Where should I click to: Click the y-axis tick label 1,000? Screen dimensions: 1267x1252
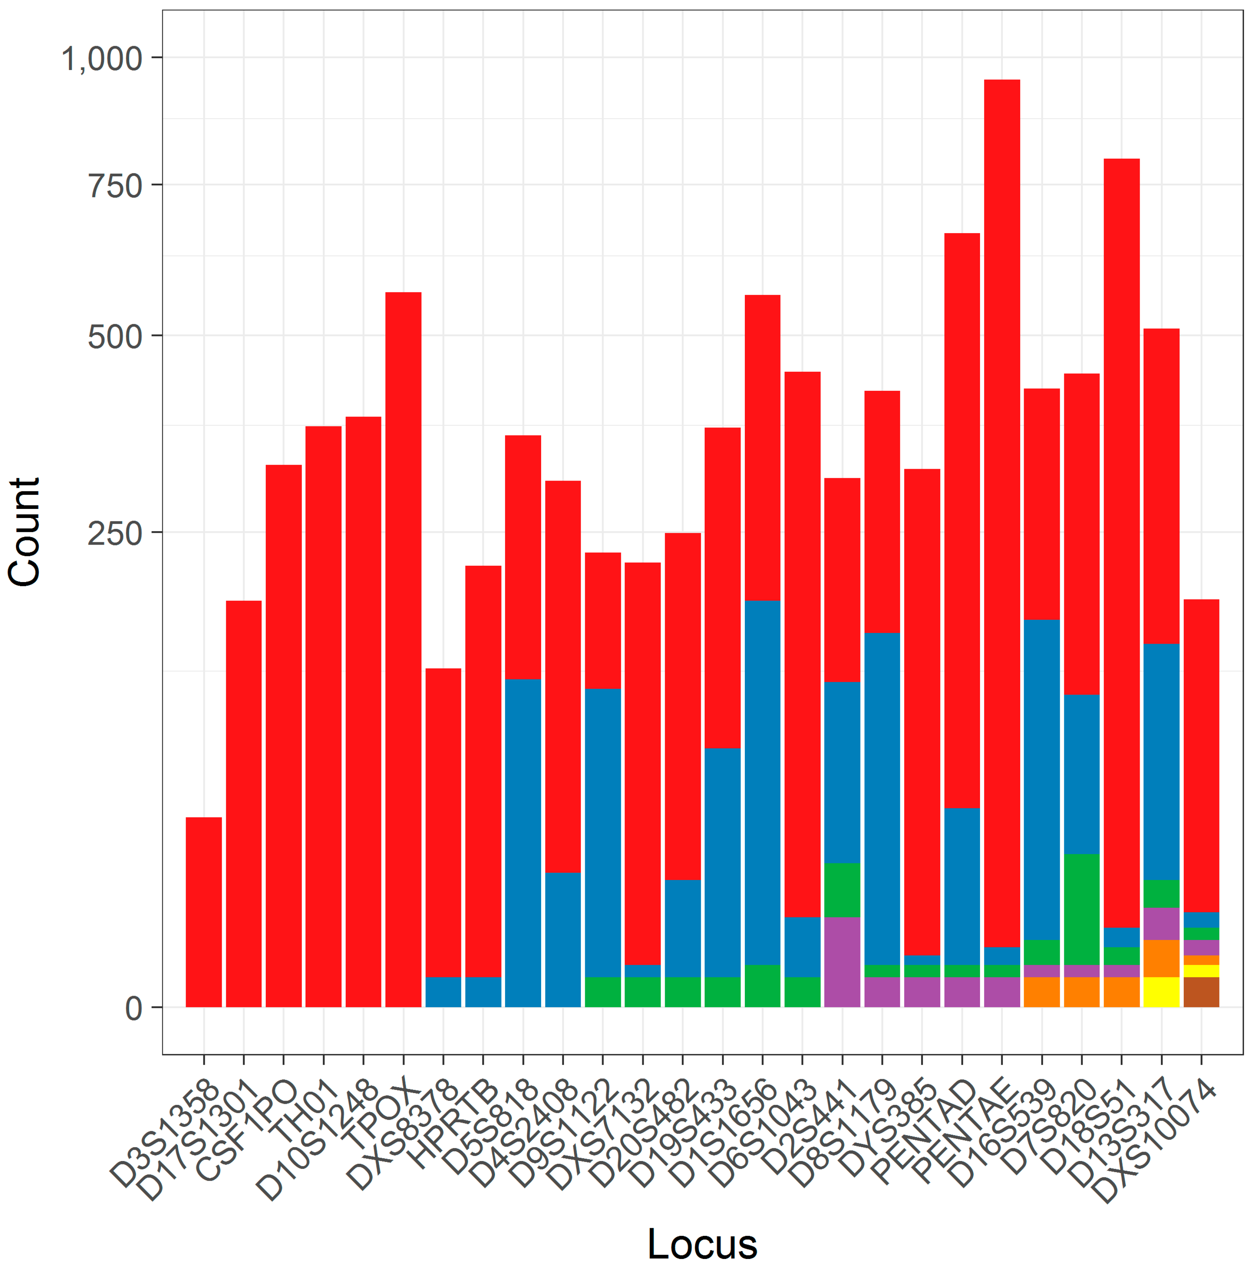point(102,59)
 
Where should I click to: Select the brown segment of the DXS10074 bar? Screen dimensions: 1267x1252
point(1201,992)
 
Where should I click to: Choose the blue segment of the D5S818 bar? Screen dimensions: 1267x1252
point(523,843)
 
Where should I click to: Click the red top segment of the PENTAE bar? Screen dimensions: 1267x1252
point(1002,511)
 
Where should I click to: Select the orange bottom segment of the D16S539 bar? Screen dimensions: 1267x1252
point(1041,992)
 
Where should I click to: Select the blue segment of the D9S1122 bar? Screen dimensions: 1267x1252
point(602,833)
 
